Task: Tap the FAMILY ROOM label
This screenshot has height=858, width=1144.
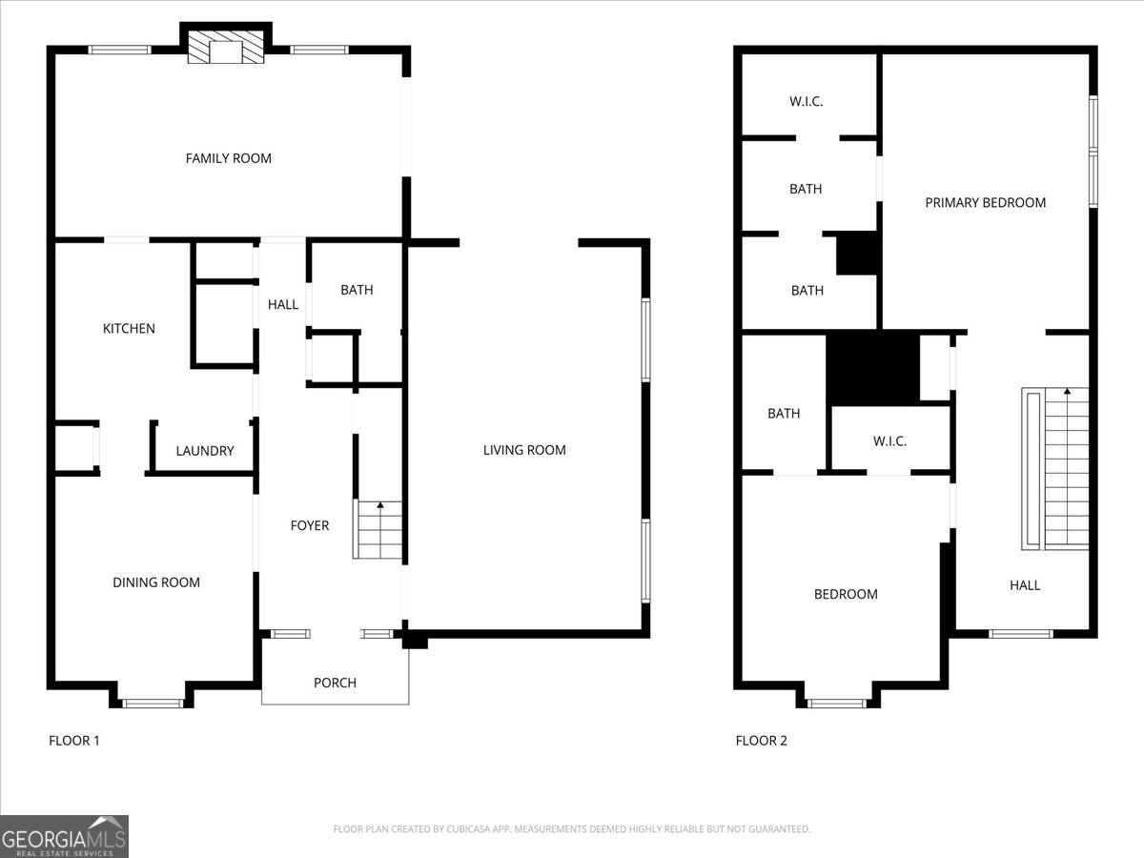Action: (x=228, y=158)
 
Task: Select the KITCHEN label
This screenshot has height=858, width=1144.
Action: (x=129, y=328)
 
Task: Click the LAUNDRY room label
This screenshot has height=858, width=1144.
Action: (x=205, y=451)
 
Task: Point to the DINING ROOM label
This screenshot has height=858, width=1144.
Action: (x=156, y=582)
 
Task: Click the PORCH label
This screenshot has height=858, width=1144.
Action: (x=335, y=683)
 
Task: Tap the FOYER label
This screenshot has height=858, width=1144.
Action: (x=310, y=525)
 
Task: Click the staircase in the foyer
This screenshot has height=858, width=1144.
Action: (x=378, y=530)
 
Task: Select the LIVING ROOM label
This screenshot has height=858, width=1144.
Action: (x=524, y=450)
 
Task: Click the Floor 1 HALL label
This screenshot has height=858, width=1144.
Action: (x=283, y=304)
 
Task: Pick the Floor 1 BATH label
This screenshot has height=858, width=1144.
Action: (x=357, y=290)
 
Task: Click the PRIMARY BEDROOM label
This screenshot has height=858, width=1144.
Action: (x=985, y=202)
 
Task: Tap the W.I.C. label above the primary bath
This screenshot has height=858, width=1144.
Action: (x=806, y=101)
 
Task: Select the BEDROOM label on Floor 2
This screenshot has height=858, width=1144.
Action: (x=846, y=594)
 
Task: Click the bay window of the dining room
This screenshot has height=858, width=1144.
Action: (x=153, y=703)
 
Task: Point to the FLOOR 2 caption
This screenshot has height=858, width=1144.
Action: (x=761, y=740)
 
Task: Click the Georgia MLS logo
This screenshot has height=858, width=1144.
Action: (x=64, y=837)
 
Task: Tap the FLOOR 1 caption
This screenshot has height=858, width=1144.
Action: (x=73, y=740)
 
